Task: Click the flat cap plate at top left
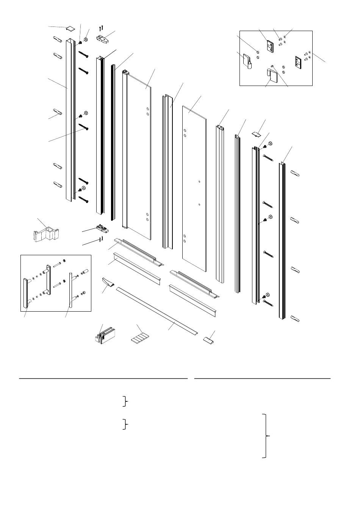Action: click(70, 29)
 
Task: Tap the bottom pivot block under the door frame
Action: click(104, 228)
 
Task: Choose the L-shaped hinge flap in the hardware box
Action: click(273, 75)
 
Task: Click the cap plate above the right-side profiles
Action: click(258, 133)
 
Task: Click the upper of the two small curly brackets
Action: click(125, 401)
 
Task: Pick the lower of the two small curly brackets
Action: click(125, 424)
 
